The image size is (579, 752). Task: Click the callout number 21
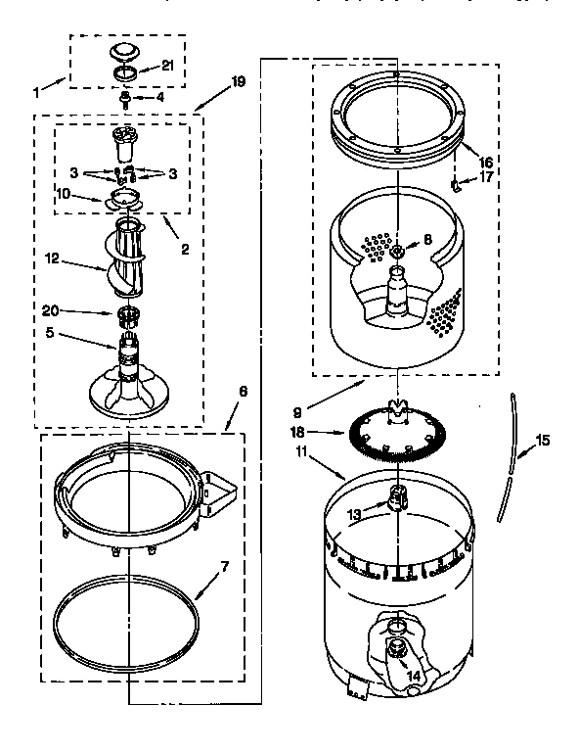166,67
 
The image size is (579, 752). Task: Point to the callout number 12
52,258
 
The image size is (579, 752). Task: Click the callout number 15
542,442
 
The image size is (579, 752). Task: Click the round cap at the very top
125,51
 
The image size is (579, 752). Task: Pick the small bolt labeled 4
125,99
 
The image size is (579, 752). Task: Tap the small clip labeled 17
456,183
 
